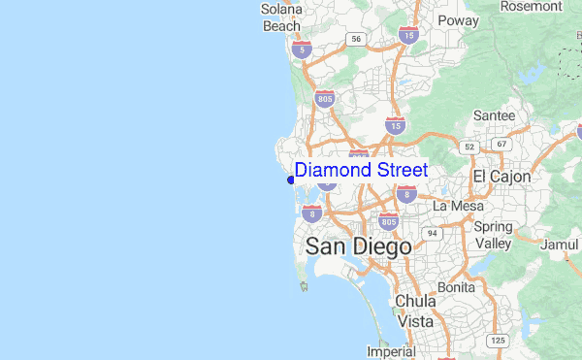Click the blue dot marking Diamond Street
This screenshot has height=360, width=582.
pyautogui.click(x=291, y=179)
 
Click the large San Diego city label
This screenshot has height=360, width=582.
pyautogui.click(x=358, y=246)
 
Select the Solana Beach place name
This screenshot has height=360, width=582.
pyautogui.click(x=282, y=17)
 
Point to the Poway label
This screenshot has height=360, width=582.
pyautogui.click(x=458, y=19)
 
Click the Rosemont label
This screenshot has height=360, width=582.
pyautogui.click(x=531, y=6)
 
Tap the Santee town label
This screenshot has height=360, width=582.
pyautogui.click(x=494, y=115)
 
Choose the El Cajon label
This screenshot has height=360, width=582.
pyautogui.click(x=501, y=177)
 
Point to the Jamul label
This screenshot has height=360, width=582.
pyautogui.click(x=559, y=245)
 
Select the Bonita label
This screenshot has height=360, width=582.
pyautogui.click(x=456, y=287)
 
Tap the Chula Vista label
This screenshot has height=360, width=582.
pyautogui.click(x=415, y=311)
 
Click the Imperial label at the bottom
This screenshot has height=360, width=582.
pyautogui.click(x=391, y=351)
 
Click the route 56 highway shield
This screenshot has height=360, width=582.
pyautogui.click(x=357, y=39)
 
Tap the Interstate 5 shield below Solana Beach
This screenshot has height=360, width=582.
pyautogui.click(x=304, y=49)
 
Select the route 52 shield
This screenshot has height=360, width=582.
pyautogui.click(x=470, y=147)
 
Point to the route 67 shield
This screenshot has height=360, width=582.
pyautogui.click(x=501, y=144)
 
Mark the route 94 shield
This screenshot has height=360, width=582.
pyautogui.click(x=430, y=233)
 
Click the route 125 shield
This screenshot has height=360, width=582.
pyautogui.click(x=499, y=341)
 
